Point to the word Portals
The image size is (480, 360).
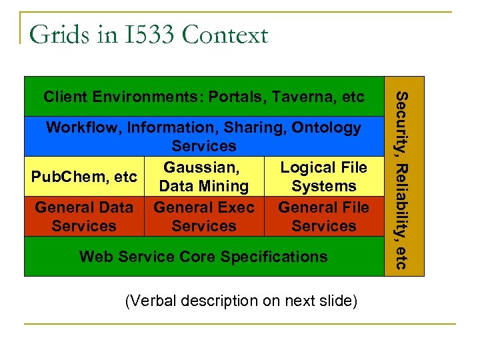click(x=237, y=97)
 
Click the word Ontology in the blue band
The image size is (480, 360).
click(x=326, y=127)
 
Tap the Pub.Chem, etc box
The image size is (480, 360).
click(x=84, y=177)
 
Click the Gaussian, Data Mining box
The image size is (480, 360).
click(x=204, y=177)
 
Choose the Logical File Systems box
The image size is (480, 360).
click(x=323, y=177)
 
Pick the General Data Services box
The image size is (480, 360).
click(x=84, y=217)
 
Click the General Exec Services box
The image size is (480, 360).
click(x=204, y=217)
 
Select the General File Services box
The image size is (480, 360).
click(x=323, y=217)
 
